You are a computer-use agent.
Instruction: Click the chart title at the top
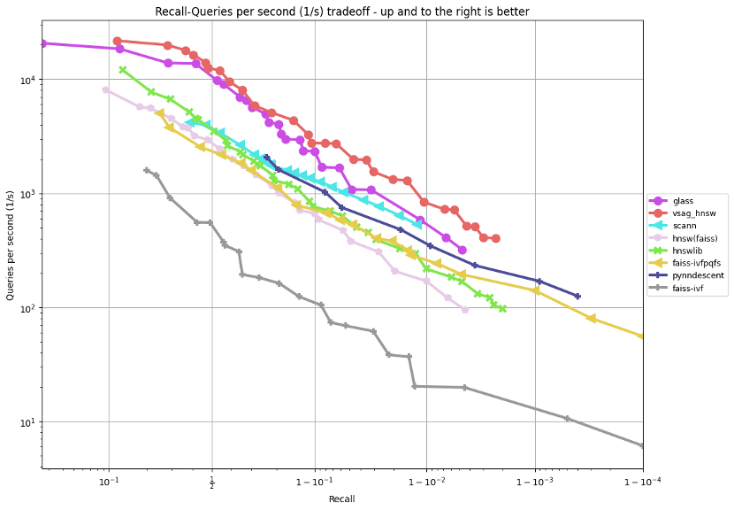click(342, 11)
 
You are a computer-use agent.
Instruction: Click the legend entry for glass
click(683, 201)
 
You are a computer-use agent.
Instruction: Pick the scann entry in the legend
click(684, 226)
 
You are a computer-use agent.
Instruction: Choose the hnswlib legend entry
click(686, 251)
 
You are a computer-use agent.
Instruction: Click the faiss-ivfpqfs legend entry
click(695, 263)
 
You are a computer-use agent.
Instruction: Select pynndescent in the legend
click(698, 275)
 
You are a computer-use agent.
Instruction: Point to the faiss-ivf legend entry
click(688, 288)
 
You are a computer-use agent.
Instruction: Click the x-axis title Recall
click(341, 498)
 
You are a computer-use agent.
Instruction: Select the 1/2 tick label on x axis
click(211, 483)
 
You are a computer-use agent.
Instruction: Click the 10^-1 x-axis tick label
click(109, 483)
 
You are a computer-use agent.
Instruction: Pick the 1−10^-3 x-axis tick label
click(535, 483)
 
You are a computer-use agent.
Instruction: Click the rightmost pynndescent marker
click(577, 297)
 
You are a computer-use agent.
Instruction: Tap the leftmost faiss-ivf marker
click(147, 170)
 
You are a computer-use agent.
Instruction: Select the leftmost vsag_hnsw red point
click(117, 41)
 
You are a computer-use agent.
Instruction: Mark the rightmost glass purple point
click(462, 251)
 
